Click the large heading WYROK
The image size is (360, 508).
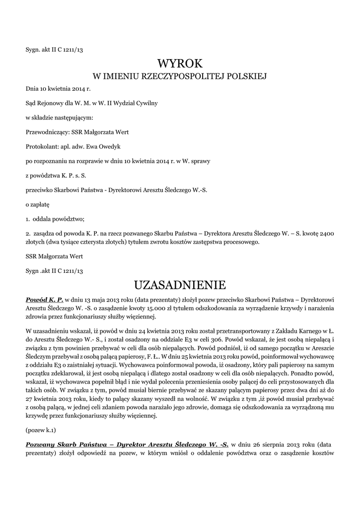pyautogui.click(x=180, y=63)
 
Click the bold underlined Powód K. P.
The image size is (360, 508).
pyautogui.click(x=45, y=300)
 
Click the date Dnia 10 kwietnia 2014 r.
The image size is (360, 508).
pyautogui.click(x=58, y=89)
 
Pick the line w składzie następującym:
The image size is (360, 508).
pyautogui.click(x=59, y=118)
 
